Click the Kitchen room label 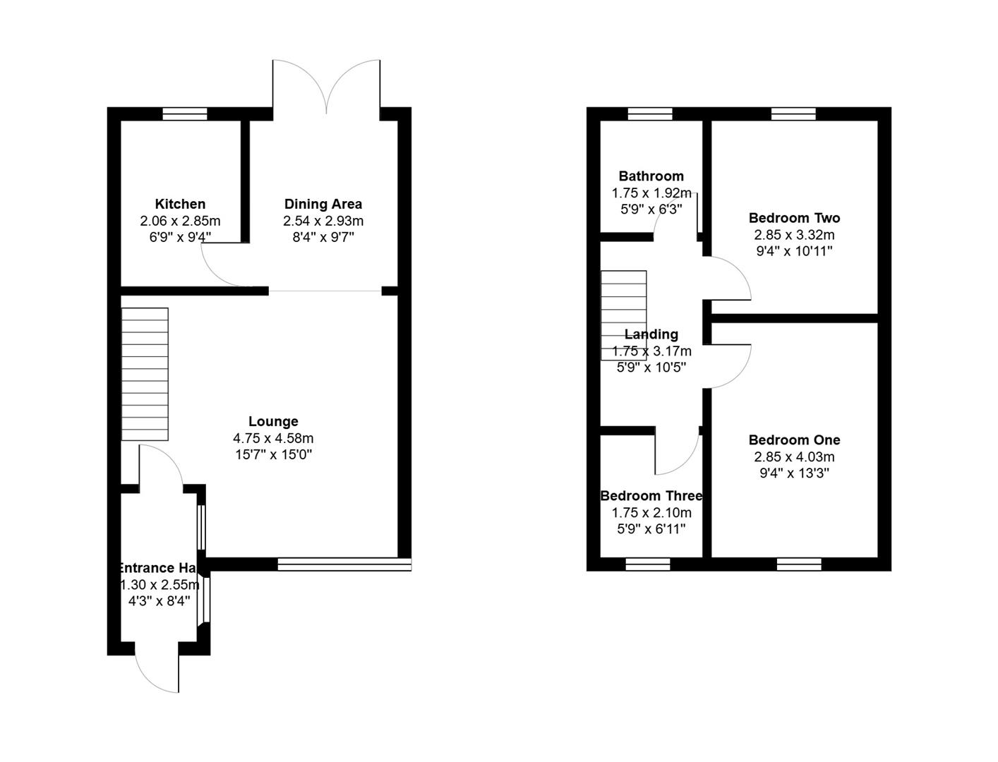(x=180, y=204)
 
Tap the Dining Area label (x=323, y=204)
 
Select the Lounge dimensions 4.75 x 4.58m (x=273, y=438)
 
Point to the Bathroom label (x=651, y=176)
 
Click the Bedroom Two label (x=794, y=218)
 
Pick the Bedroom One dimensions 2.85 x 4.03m (x=794, y=456)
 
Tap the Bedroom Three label (x=651, y=496)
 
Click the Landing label (x=651, y=334)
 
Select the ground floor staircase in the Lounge (x=145, y=374)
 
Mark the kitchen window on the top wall (x=185, y=114)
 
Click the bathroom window (x=650, y=114)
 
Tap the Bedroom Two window (x=793, y=114)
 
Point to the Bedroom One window (x=799, y=564)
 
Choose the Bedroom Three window (x=648, y=564)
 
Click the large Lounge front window (x=344, y=564)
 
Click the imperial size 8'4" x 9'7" (x=323, y=237)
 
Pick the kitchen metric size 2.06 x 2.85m (x=180, y=221)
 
